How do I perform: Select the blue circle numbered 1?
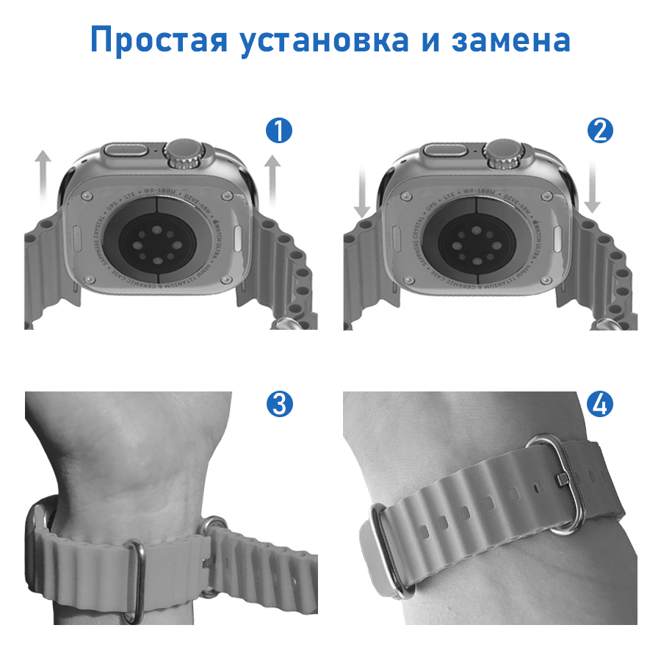tap(279, 131)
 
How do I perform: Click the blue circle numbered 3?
tap(279, 403)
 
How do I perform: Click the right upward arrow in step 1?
tap(272, 179)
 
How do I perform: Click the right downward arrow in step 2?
tap(593, 187)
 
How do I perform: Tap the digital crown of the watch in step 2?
tap(501, 154)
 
